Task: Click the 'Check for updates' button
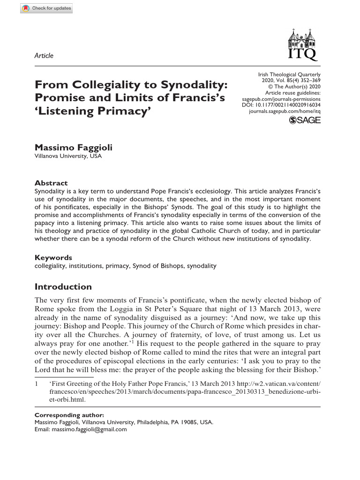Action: tap(46, 8)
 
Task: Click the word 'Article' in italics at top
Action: tap(44, 56)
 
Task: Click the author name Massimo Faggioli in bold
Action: tap(74, 148)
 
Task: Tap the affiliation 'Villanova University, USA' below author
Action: tap(68, 156)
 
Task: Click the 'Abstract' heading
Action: tap(51, 183)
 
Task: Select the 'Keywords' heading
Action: tap(53, 257)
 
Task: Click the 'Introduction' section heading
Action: tap(63, 287)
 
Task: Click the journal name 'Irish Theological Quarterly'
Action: tap(289, 75)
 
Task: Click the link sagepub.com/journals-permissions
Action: tap(281, 99)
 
